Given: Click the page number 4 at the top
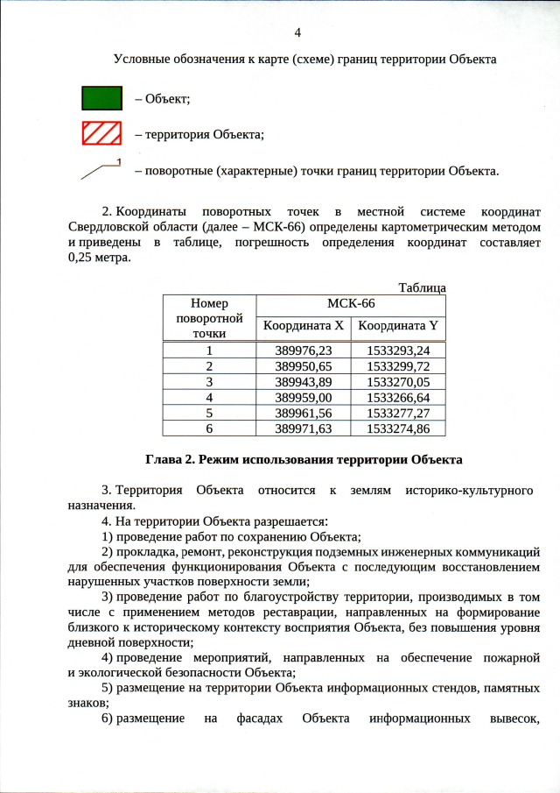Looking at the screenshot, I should [297, 32].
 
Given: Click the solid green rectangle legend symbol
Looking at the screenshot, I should [101, 97].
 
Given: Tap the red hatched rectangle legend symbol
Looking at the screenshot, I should [101, 134].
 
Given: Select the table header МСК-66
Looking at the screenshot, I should [350, 303].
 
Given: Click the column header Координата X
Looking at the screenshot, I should [303, 326].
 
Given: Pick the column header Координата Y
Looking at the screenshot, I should [398, 326].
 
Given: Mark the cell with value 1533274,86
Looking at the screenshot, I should [398, 428].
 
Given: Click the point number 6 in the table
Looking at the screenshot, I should [209, 428].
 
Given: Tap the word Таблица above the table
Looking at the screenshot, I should [422, 287].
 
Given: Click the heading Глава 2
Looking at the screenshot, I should [172, 459].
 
